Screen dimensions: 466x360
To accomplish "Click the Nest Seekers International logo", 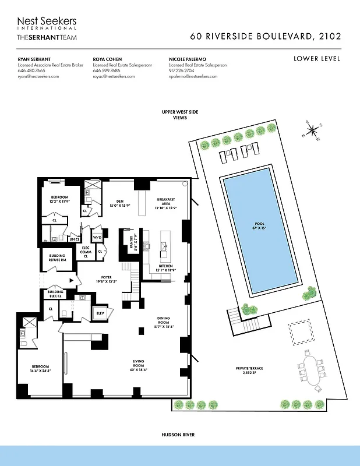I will point(47,23).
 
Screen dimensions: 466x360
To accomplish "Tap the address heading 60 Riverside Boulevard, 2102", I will point(266,36).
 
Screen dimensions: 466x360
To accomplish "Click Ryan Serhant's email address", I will point(38,76).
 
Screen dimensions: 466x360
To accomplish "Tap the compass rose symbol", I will point(312,130).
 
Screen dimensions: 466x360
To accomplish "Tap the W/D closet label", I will point(97,237).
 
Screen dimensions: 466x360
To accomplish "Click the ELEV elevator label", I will point(100,313).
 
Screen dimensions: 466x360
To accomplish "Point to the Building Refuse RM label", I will point(57,257).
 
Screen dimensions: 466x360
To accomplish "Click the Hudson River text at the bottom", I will point(179,435).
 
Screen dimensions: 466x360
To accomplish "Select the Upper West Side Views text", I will point(179,114).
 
